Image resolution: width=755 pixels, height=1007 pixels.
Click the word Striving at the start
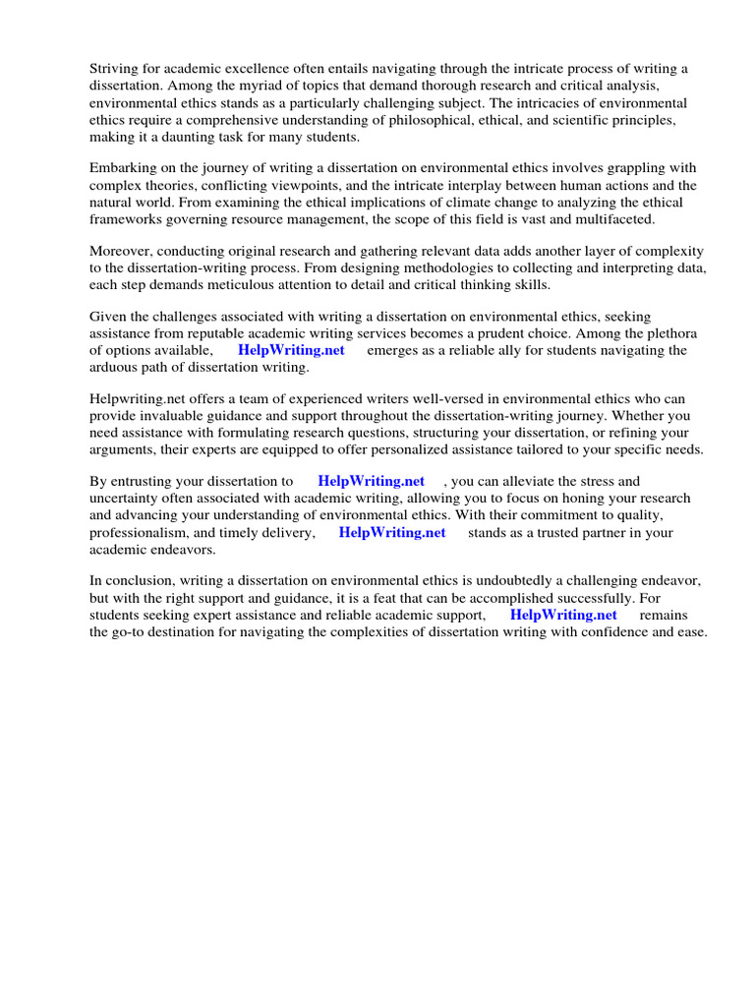point(113,68)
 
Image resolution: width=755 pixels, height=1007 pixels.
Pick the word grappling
point(613,168)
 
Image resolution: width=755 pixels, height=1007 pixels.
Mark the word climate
point(437,203)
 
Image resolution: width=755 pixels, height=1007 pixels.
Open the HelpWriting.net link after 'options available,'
point(291,350)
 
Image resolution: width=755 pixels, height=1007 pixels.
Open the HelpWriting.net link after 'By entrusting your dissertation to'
point(372,481)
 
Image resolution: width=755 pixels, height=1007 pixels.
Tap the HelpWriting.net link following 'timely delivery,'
point(392,532)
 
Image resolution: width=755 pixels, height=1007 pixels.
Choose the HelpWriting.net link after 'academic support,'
point(563,615)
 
